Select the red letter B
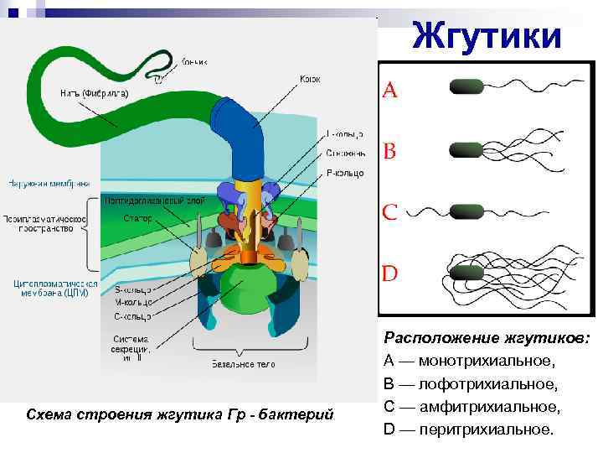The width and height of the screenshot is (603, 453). (x=390, y=152)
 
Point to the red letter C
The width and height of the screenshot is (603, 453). (x=390, y=211)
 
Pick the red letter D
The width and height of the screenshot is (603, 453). (x=391, y=273)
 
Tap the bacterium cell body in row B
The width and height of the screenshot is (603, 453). (x=466, y=149)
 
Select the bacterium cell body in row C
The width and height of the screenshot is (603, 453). (x=466, y=210)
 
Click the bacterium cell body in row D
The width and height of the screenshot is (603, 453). (x=466, y=269)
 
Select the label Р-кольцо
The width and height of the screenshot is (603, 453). (x=344, y=173)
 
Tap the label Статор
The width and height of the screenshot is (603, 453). (x=137, y=218)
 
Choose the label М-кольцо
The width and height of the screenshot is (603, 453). (x=131, y=303)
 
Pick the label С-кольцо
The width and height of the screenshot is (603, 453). (x=131, y=317)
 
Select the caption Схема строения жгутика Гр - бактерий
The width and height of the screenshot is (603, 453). (x=180, y=414)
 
